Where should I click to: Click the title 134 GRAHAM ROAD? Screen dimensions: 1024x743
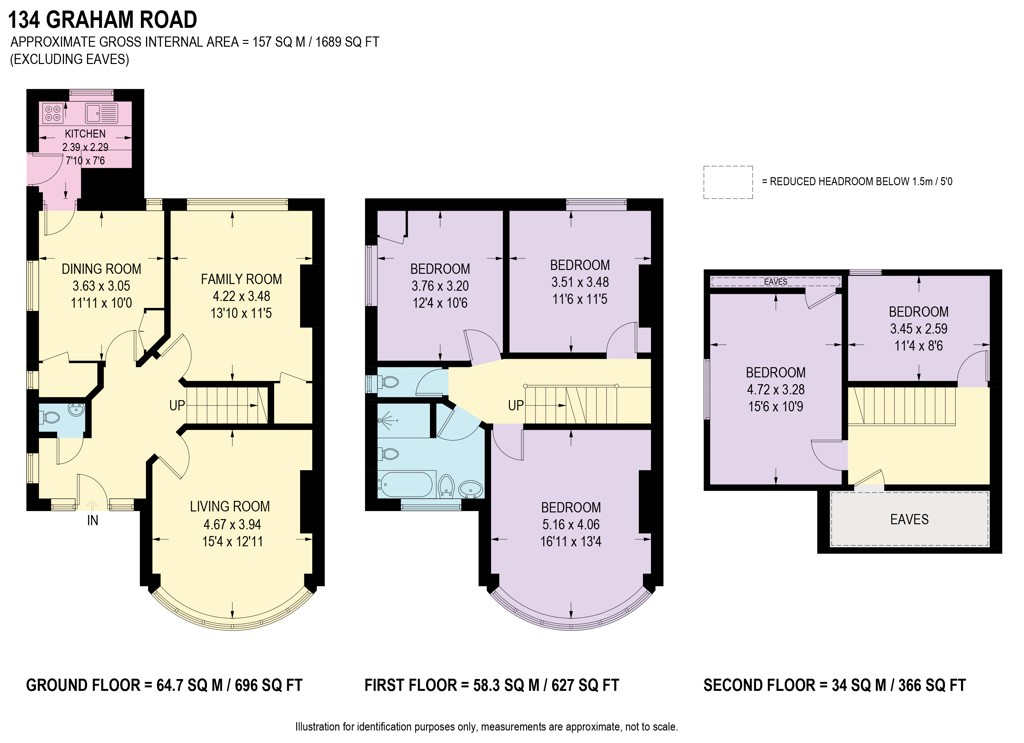coord(103,20)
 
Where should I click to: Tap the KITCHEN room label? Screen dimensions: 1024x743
coord(85,133)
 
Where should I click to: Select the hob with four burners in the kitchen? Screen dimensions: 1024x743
coord(53,114)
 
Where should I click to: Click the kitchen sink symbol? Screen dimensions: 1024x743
coord(100,114)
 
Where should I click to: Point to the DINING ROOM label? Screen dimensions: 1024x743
coord(101,268)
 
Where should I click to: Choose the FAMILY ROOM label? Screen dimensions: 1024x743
coord(241,279)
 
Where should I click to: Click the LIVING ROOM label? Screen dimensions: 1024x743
coord(230,506)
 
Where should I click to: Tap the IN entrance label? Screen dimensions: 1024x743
coord(93,520)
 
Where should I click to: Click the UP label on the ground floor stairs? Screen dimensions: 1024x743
coord(177,405)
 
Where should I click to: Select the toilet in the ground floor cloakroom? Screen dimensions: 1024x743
coord(48,418)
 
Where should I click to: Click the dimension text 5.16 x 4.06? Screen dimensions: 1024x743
coord(570,524)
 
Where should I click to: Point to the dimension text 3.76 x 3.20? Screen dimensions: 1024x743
coord(440,285)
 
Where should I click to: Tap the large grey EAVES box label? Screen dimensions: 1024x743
coord(909,519)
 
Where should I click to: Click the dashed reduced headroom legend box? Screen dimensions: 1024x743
coord(728,182)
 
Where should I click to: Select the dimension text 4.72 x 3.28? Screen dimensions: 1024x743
coord(775,389)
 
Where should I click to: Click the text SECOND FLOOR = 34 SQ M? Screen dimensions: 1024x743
coord(795,685)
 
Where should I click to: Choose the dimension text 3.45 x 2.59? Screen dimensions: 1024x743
coord(918,328)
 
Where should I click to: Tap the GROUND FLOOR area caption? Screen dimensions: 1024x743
coord(164,685)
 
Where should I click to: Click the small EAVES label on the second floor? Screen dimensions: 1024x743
coord(775,281)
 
